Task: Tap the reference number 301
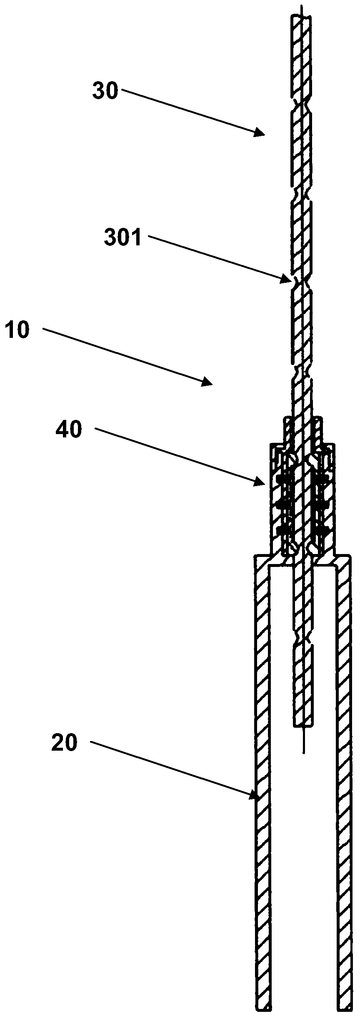click(123, 239)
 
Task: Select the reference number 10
click(17, 330)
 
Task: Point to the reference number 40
click(69, 429)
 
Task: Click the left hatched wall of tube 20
click(262, 791)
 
